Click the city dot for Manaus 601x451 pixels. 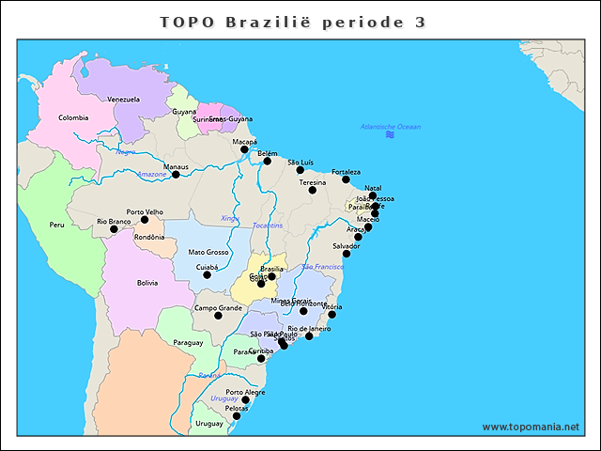coord(176,175)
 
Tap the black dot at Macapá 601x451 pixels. coord(244,149)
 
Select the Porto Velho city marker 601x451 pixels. coord(145,220)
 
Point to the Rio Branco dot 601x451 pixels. coord(114,229)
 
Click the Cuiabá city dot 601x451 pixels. coord(208,274)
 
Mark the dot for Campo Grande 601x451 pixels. coord(218,316)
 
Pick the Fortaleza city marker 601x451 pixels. coord(346,179)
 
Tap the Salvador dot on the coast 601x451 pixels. coord(346,254)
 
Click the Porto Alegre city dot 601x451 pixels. coord(246,400)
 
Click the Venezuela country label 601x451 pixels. coord(123,99)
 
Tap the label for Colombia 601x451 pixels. coord(73,117)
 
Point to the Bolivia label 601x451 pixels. coord(147,282)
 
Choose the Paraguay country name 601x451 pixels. coord(188,343)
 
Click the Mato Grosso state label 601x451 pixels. coord(208,252)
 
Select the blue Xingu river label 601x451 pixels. coord(230,218)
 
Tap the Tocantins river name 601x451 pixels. coord(267,225)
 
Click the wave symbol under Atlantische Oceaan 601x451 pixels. coord(390,135)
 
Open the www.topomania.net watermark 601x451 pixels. coord(531,427)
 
